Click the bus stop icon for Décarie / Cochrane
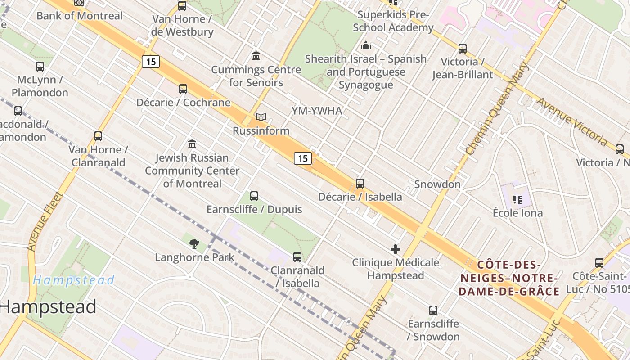click(183, 89)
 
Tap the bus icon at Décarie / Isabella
click(360, 184)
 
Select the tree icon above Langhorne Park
click(194, 244)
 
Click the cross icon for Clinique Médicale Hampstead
click(396, 249)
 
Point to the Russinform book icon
click(261, 117)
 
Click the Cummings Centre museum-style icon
click(256, 56)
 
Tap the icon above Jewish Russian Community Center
click(192, 144)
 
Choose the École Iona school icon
click(517, 199)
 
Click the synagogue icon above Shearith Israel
click(366, 46)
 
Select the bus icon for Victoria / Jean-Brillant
click(462, 49)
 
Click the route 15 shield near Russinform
click(303, 158)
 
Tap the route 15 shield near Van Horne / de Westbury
click(151, 61)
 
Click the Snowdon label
click(437, 184)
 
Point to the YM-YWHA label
click(317, 111)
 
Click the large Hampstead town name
click(48, 307)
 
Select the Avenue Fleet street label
click(44, 221)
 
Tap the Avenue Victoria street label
click(572, 122)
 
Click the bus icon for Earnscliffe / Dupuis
click(254, 196)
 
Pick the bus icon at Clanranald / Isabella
click(297, 257)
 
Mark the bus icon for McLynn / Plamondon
click(40, 67)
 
